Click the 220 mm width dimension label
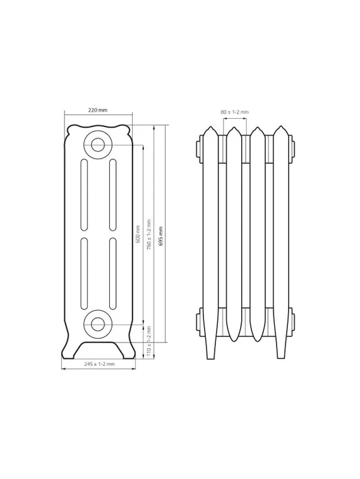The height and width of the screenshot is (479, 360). (98, 110)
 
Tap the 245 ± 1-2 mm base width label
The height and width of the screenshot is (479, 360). (100, 364)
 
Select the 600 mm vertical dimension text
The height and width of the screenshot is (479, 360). (138, 234)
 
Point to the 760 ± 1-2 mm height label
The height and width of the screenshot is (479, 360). (148, 234)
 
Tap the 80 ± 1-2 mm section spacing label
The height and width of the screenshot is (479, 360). (234, 112)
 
